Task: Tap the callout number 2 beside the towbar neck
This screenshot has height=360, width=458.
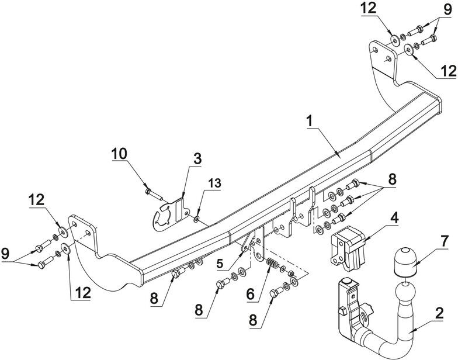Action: point(439,313)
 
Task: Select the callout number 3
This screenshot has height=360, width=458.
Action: point(197,159)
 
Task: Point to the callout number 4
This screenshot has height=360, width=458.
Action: point(394,219)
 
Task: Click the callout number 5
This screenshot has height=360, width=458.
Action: point(220,264)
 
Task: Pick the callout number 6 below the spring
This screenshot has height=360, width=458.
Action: point(251,295)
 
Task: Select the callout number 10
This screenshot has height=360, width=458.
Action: point(119,154)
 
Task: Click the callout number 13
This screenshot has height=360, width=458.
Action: point(215,184)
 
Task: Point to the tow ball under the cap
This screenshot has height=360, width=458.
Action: point(405,293)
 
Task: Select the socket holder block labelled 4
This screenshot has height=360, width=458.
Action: point(348,248)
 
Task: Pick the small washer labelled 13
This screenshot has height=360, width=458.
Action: point(196,218)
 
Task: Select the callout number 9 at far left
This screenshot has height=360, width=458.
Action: point(5,254)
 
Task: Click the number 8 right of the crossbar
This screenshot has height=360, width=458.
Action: point(392,179)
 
